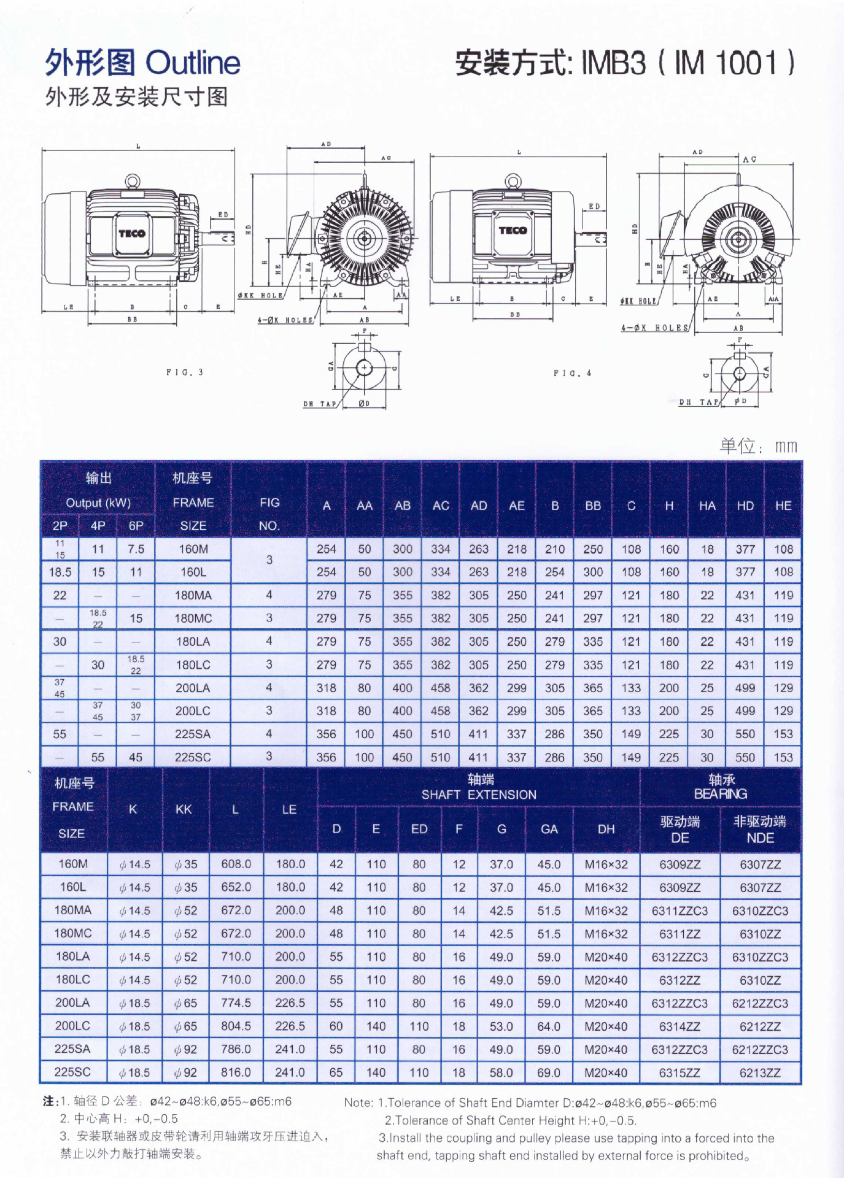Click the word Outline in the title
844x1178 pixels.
(x=193, y=63)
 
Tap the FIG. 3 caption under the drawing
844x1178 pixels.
(x=184, y=372)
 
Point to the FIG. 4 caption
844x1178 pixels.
(x=572, y=373)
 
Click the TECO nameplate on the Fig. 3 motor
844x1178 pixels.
(x=131, y=233)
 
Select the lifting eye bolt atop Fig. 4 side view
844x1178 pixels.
(x=513, y=182)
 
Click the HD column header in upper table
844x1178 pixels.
(x=745, y=506)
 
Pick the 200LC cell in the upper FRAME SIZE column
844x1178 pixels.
(x=193, y=711)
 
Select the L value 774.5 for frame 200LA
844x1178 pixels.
(x=236, y=1003)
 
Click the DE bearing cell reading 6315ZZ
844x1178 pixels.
(x=679, y=1072)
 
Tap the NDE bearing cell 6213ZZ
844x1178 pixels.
(x=760, y=1072)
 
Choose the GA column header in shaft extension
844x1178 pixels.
(x=549, y=829)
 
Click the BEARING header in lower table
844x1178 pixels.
(x=720, y=794)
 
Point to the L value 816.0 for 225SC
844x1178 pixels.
(x=236, y=1072)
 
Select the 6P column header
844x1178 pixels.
(x=136, y=526)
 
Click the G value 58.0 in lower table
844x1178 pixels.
(x=501, y=1072)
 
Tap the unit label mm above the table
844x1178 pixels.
(x=785, y=446)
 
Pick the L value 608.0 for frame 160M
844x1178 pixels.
(x=236, y=864)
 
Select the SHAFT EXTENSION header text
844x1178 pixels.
(x=479, y=795)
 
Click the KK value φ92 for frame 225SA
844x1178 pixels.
(x=185, y=1050)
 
